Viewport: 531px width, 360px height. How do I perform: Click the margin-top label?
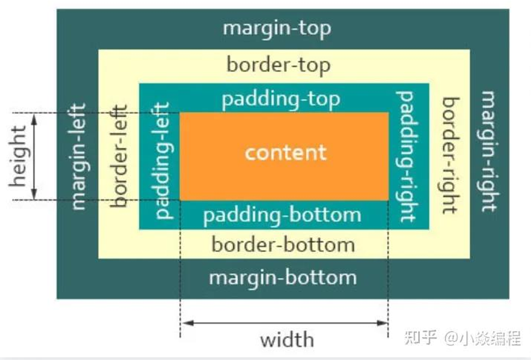point(276,28)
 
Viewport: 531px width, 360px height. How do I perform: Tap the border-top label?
point(278,64)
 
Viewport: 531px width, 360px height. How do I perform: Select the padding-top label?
point(281,98)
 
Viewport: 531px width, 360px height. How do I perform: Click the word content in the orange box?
point(285,152)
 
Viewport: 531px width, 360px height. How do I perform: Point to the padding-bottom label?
point(282,214)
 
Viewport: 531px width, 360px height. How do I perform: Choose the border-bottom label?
point(283,244)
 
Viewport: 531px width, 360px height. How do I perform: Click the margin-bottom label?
point(283,277)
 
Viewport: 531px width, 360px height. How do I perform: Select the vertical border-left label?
point(120,155)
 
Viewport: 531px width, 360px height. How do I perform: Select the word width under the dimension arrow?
point(287,340)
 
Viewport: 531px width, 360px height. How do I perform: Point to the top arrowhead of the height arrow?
point(34,117)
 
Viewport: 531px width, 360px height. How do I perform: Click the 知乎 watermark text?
point(421,337)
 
